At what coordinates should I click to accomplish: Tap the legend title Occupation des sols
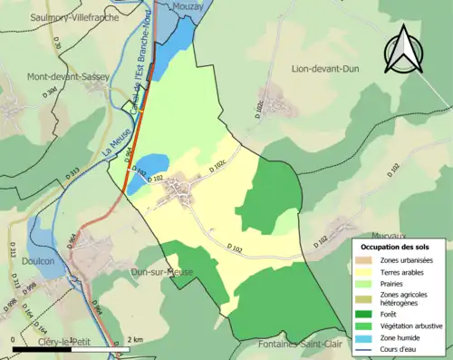402,246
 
